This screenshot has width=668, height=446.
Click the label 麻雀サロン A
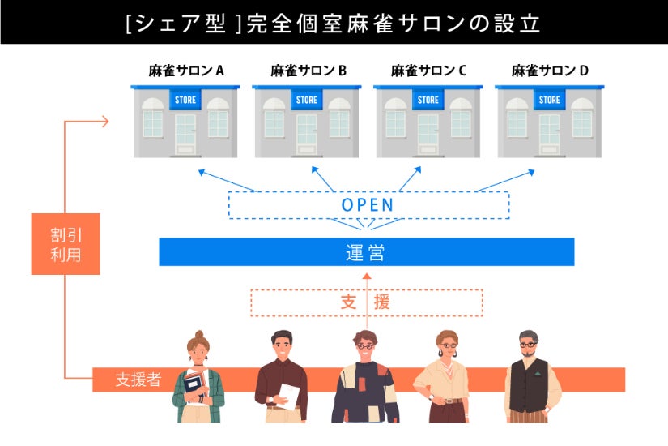pos(186,71)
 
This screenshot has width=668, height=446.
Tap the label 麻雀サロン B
pos(308,71)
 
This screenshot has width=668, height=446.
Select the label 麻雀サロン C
pos(428,71)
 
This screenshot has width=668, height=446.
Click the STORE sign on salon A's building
pos(186,100)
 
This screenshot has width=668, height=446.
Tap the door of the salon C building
pos(428,133)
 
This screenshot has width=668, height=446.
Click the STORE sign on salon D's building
pos(549,100)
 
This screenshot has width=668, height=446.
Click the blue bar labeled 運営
pos(366,252)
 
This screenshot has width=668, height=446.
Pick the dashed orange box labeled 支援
pos(366,302)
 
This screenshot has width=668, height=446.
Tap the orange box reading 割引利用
pos(65,244)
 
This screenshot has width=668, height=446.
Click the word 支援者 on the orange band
pos(138,380)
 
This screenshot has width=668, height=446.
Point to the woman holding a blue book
pos(196,381)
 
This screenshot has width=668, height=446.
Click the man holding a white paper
pos(281,381)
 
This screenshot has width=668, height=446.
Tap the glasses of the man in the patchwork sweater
pos(365,345)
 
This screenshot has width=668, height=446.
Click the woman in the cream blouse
pos(442,381)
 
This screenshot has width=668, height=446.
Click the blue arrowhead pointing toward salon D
pos(530,172)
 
